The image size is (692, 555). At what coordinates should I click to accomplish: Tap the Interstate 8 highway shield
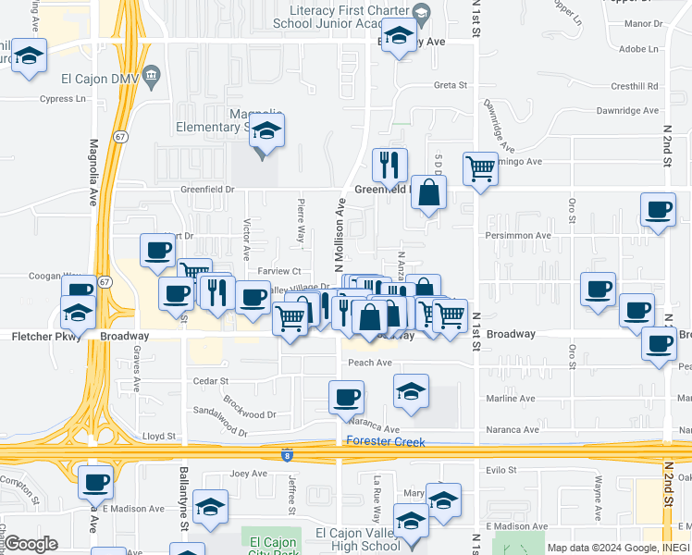[x=289, y=454]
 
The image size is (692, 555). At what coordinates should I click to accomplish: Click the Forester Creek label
[x=385, y=442]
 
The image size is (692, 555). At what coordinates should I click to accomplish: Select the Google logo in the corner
[x=31, y=544]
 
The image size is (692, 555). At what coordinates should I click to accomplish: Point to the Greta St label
[x=450, y=85]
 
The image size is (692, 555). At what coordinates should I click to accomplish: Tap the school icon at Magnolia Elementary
[x=266, y=130]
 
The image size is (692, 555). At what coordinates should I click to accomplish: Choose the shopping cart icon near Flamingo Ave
[x=480, y=169]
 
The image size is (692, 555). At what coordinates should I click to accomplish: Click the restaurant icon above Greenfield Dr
[x=389, y=165]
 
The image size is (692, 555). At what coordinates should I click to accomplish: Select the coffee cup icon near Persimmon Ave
[x=658, y=209]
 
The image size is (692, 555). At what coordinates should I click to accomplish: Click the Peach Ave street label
[x=370, y=363]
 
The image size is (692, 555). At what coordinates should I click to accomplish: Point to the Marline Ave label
[x=513, y=399]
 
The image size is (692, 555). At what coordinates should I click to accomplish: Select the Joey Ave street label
[x=248, y=474]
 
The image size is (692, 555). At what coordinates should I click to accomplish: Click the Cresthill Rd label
[x=635, y=86]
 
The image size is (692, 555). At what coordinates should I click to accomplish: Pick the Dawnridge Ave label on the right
[x=629, y=110]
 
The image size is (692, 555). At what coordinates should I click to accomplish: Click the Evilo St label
[x=500, y=470]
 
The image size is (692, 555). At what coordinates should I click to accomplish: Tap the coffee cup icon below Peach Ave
[x=346, y=398]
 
